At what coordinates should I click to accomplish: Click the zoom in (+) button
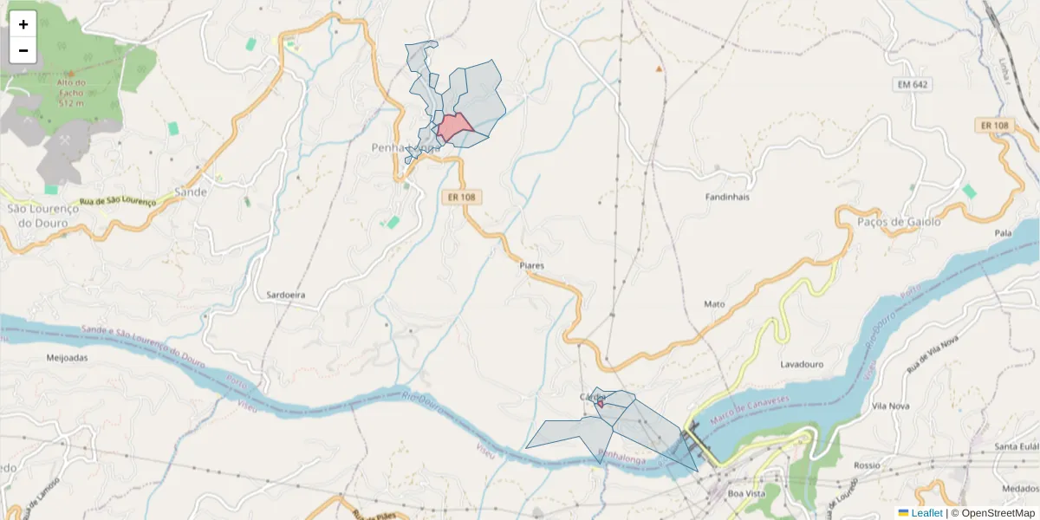click(23, 24)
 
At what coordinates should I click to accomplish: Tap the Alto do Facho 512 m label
click(71, 93)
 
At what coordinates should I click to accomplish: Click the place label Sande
click(191, 192)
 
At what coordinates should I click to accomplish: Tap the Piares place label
click(531, 265)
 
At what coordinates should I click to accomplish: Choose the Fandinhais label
click(726, 197)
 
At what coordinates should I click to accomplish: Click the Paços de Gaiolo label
click(898, 222)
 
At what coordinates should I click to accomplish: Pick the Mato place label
click(714, 304)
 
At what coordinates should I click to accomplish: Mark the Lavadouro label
click(802, 364)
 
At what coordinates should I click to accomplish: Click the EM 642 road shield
click(913, 84)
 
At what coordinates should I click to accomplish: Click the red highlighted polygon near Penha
click(455, 127)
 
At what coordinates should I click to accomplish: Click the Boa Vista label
click(750, 493)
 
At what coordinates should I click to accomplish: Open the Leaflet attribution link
click(926, 513)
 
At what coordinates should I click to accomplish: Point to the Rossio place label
click(867, 465)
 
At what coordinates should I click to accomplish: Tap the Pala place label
click(1004, 233)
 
